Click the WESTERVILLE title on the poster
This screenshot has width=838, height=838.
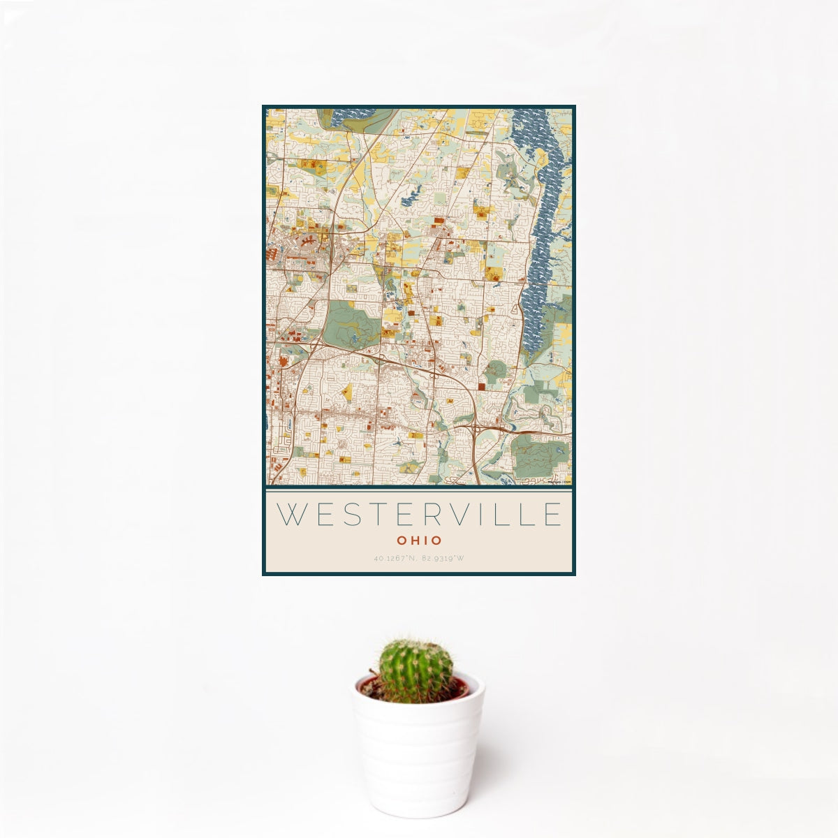419,514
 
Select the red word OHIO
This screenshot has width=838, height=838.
419,541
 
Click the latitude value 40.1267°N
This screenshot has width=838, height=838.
395,558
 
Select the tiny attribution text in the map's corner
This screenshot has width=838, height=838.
559,481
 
